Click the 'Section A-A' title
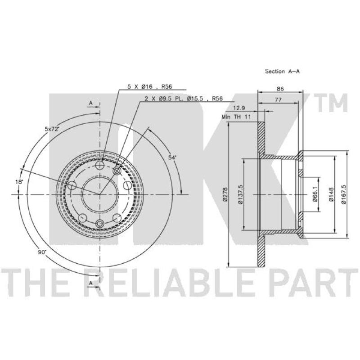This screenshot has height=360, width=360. (282, 72)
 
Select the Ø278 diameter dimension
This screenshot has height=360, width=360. (225, 194)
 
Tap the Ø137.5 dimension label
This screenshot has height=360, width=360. (240, 194)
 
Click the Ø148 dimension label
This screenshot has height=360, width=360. (331, 194)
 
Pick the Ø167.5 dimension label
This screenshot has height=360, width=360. (343, 194)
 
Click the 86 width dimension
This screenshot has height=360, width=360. (280, 89)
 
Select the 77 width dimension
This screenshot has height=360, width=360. (278, 100)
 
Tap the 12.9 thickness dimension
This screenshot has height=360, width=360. (239, 108)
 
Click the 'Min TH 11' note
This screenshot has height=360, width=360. (236, 117)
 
